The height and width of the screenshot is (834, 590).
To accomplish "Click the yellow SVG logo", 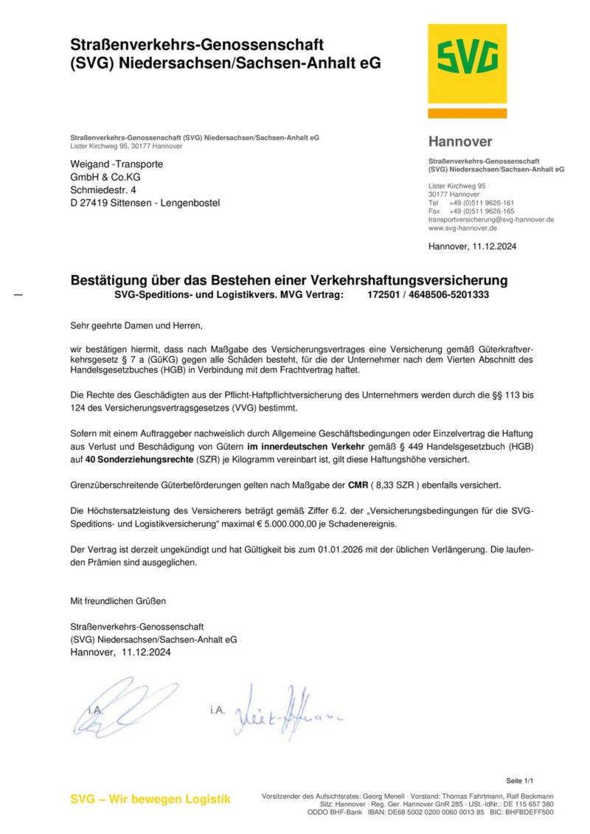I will coord(467,63).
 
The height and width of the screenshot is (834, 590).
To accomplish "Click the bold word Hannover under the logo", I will coord(459,142).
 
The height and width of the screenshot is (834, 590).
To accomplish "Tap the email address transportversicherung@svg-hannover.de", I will coord(491,220).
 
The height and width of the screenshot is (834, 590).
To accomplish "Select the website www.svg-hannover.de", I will coord(462,229).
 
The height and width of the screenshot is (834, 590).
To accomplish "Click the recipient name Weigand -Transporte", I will coord(117,164).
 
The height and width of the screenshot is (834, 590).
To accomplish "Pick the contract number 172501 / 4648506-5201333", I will coord(428,295).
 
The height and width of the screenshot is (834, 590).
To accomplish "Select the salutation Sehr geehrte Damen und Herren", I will coord(135,324).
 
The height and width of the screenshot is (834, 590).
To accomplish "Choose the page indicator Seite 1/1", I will coord(519,780).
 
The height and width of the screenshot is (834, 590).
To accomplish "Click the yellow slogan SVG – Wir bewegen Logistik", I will coord(150,799).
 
